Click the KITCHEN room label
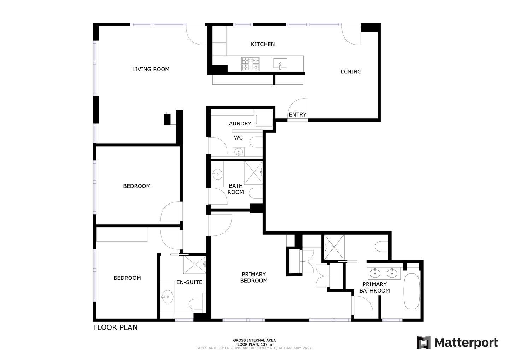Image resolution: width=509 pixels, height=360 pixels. coord(263,44)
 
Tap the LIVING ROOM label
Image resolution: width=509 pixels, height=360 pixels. coord(151,69)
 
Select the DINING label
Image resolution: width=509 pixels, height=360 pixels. coord(351,72)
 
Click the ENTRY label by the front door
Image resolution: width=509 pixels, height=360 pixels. coord(298,115)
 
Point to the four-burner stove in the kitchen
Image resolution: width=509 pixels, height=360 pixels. coord(251,64)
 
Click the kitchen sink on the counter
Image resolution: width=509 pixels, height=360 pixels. coord(280,64)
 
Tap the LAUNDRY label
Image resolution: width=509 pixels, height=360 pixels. coord(239,124)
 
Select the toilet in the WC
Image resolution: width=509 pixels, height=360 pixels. coord(256,142)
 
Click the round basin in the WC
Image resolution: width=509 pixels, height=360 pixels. coord(239,152)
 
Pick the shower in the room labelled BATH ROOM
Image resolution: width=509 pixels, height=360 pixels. coord(253,173)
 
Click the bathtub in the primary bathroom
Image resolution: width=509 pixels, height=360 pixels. coord(411,291)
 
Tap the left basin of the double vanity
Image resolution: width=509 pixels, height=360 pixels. coord(375,273)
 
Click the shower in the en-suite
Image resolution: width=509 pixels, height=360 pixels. coord(195,265)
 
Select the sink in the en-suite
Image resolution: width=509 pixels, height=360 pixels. coord(168,296)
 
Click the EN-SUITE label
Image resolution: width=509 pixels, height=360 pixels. coord(189,282)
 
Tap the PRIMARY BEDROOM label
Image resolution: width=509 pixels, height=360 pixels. coord(253,277)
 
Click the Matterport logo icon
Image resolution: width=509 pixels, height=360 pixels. coord(423,342)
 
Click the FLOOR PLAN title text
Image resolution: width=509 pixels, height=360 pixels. coord(116,327)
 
